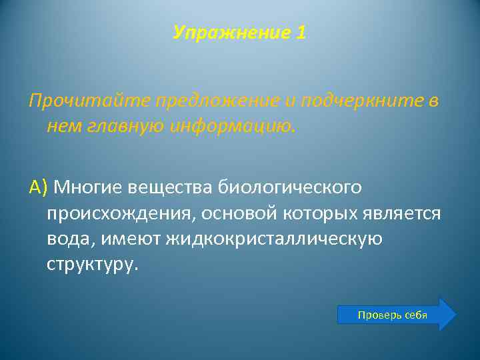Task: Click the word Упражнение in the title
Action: [x=229, y=33]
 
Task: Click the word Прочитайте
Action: [x=89, y=101]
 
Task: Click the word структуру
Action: [x=92, y=264]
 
